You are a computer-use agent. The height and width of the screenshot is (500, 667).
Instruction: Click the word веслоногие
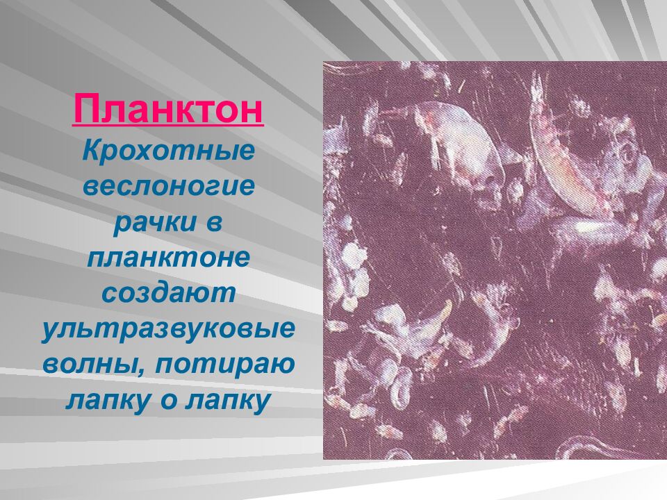click(x=168, y=187)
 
